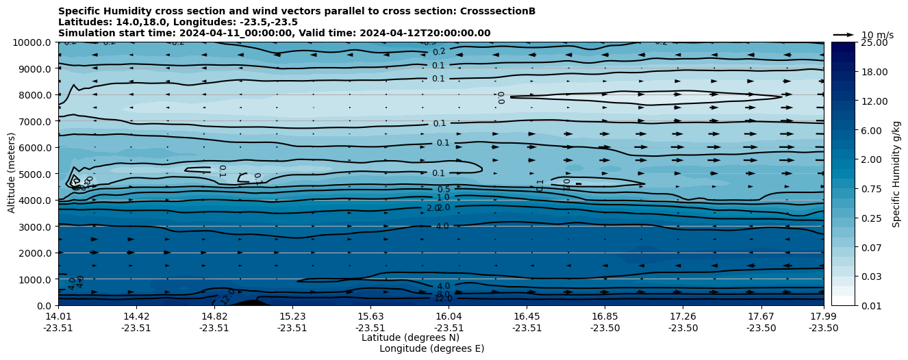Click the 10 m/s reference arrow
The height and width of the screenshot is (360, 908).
point(844,34)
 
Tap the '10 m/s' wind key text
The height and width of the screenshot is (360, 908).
point(877,35)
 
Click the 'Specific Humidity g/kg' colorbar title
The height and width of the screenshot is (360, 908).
point(896,174)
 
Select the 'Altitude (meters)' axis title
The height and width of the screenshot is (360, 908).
point(12,174)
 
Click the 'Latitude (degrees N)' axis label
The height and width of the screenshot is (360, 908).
point(410,337)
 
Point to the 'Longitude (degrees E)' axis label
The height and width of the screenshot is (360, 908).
point(431,348)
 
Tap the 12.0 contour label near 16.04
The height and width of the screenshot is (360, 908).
point(443,298)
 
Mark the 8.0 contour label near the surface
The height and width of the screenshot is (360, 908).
point(443,294)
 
